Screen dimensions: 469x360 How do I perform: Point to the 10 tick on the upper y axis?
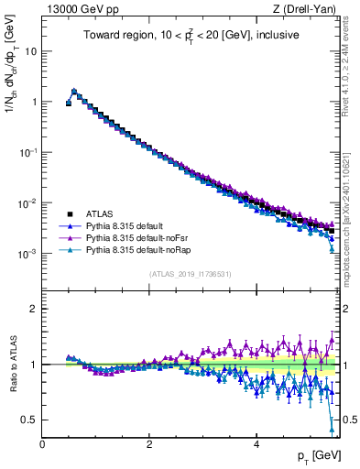[31, 51]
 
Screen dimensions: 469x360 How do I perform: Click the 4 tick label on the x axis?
[256, 443]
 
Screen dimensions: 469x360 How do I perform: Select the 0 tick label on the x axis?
[43, 443]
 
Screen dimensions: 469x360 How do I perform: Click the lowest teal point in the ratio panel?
[332, 427]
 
